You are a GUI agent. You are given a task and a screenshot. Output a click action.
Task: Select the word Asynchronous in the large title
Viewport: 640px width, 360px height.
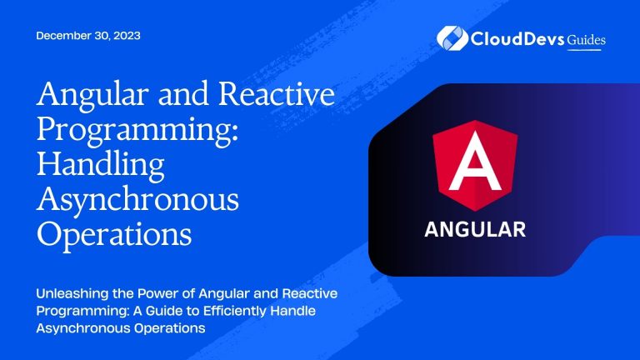(137, 200)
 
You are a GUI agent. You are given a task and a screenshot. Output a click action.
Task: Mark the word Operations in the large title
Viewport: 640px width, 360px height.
(113, 235)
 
